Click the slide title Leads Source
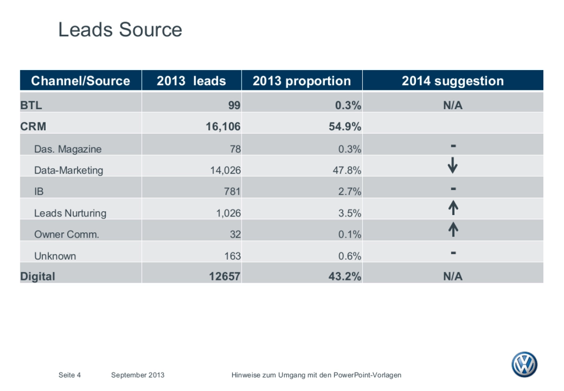pos(120,30)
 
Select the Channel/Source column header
pos(80,81)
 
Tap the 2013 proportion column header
pos(302,81)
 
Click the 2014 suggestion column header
pos(453,81)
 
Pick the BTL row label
pos(31,105)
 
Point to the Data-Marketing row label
pos(69,170)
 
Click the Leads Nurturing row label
pos(70,213)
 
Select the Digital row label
pos(38,276)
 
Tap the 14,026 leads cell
pos(225,170)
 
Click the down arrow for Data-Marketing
pos(453,166)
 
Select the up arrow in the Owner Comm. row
pos(453,230)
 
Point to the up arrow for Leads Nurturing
pos(453,208)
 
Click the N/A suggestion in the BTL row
pos(453,105)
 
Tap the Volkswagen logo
pos(525,365)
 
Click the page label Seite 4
pos(70,375)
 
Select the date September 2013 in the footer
pos(138,375)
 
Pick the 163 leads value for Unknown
pos(232,256)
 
